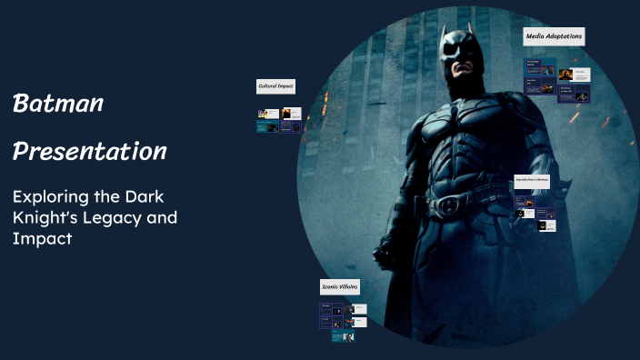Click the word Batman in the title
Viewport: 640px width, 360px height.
pos(57,104)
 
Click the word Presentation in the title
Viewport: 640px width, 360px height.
pos(89,151)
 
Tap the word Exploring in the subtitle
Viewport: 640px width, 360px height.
pos(50,196)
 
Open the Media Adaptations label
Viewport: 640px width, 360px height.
pos(554,37)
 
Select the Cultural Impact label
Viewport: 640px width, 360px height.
pos(275,86)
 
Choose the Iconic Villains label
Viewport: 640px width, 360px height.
pos(340,286)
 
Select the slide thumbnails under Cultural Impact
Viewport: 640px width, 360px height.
pos(280,120)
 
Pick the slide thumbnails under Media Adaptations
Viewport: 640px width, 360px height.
pos(556,81)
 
